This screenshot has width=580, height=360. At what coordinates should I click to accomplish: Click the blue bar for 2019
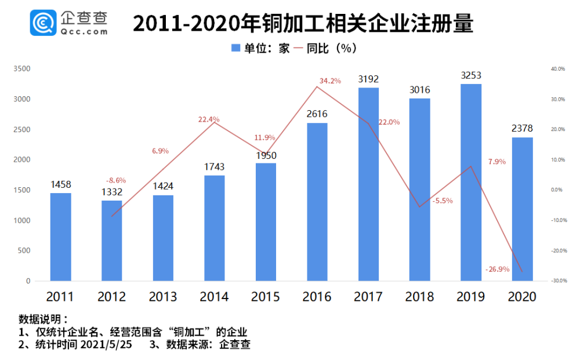(x=470, y=183)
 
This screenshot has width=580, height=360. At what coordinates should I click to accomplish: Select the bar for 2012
(x=112, y=241)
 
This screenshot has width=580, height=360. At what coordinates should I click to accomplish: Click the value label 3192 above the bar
(x=368, y=79)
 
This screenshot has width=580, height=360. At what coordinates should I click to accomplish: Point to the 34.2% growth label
(x=330, y=81)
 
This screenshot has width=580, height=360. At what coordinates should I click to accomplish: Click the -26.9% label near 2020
(x=497, y=270)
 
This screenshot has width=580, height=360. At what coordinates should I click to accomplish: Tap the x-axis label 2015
(x=266, y=297)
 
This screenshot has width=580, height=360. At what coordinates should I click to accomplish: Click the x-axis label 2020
(x=522, y=297)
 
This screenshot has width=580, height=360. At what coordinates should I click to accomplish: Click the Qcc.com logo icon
(x=43, y=23)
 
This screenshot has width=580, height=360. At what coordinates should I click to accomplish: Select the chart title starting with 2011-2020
(x=303, y=24)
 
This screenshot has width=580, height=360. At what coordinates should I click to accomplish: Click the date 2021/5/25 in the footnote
(x=111, y=344)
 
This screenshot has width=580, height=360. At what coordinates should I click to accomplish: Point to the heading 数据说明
(x=43, y=319)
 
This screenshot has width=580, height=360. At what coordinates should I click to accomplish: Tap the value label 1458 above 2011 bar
(x=60, y=185)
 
